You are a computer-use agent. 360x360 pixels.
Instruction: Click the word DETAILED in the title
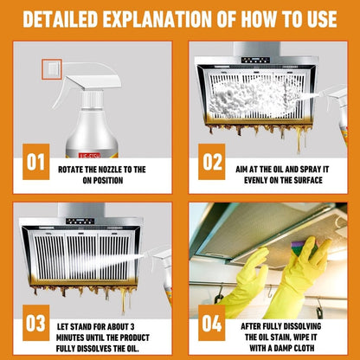click(61, 19)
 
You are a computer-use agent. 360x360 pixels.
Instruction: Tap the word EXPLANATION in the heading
click(158, 19)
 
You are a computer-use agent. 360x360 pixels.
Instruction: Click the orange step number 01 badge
click(35, 162)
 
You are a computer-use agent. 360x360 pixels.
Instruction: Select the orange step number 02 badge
click(212, 162)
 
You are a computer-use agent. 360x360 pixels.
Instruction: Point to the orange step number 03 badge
click(35, 323)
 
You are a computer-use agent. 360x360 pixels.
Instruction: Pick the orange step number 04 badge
click(212, 323)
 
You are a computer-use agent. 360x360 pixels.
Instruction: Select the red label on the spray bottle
click(90, 155)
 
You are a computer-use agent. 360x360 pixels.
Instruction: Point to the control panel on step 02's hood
click(255, 60)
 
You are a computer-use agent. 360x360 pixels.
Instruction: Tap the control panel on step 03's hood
click(80, 222)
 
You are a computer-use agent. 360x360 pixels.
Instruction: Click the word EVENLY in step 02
click(255, 180)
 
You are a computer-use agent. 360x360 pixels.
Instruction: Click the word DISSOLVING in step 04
click(301, 326)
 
